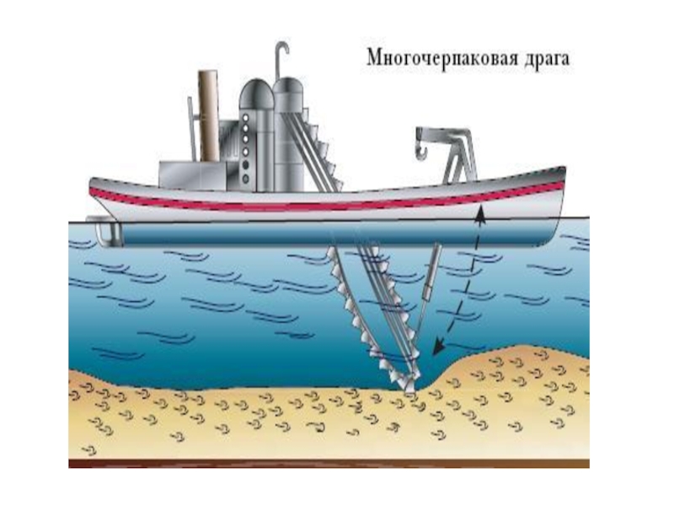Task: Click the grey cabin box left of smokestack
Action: pos(177,172)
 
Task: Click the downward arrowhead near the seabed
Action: pos(437,346)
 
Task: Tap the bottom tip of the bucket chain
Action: pos(409,390)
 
